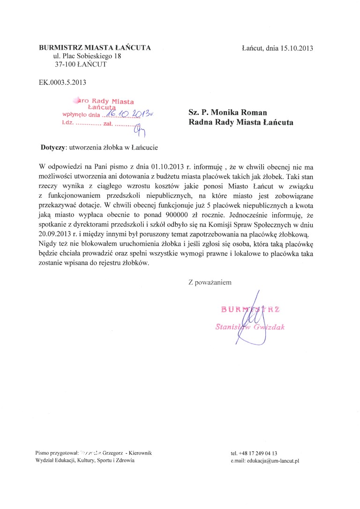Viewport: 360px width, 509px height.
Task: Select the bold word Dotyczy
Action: click(x=53, y=147)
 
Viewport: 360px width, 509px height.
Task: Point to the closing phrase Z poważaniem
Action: click(x=210, y=283)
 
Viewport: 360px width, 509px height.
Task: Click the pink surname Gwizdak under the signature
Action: click(x=268, y=327)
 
